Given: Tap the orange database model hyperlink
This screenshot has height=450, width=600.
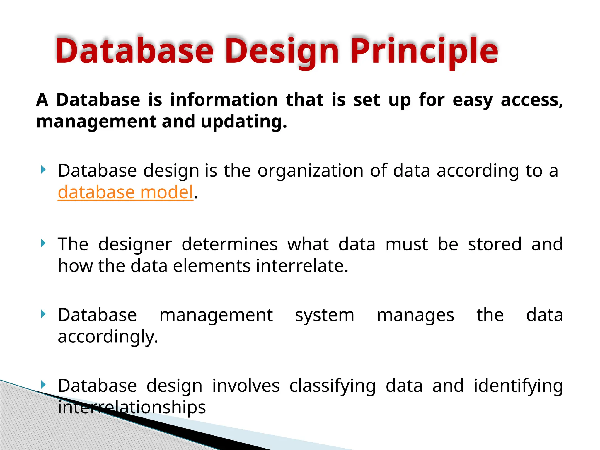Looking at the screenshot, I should [x=125, y=192].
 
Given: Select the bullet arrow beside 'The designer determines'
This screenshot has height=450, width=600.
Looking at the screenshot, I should [x=43, y=243].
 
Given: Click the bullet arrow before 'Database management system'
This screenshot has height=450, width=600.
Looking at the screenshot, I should [x=43, y=314].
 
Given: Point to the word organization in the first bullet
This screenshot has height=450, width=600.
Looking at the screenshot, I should [x=311, y=171].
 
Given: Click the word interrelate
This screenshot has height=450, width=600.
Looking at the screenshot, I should [x=302, y=266].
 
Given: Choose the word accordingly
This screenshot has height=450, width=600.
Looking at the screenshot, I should [x=108, y=337].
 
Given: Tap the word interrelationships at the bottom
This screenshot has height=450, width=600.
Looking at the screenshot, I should [x=132, y=407].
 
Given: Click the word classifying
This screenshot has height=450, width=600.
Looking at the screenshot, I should [x=333, y=386].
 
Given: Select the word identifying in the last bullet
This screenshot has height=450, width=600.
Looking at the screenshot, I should [x=518, y=386].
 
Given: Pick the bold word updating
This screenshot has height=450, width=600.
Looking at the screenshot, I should [x=244, y=122].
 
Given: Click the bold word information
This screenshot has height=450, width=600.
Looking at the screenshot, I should [x=224, y=100].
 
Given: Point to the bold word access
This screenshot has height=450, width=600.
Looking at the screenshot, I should [x=532, y=100].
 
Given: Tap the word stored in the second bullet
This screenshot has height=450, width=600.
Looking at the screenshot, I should [x=495, y=244].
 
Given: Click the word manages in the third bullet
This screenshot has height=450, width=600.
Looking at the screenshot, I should [x=415, y=315].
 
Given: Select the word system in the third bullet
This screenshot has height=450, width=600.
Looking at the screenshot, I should [x=325, y=315].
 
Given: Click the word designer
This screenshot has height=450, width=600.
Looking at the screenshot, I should [x=135, y=244].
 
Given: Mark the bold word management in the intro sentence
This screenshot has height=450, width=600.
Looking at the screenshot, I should [x=97, y=122].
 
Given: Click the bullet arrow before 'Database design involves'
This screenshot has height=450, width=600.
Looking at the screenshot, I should [x=43, y=384].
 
